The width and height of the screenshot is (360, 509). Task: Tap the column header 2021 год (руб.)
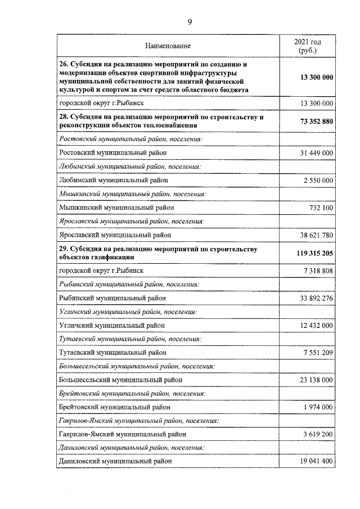[308, 46]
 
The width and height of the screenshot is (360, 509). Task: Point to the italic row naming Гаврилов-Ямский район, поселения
[138, 421]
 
